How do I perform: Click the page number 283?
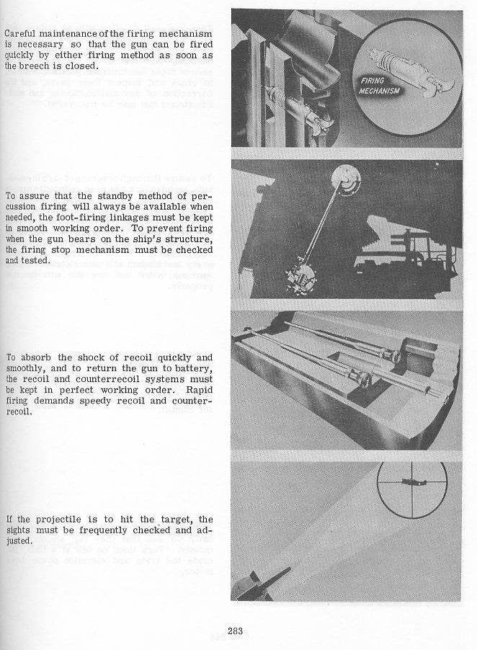click(235, 631)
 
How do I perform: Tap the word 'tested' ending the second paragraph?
click(34, 260)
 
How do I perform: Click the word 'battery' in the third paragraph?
click(195, 368)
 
